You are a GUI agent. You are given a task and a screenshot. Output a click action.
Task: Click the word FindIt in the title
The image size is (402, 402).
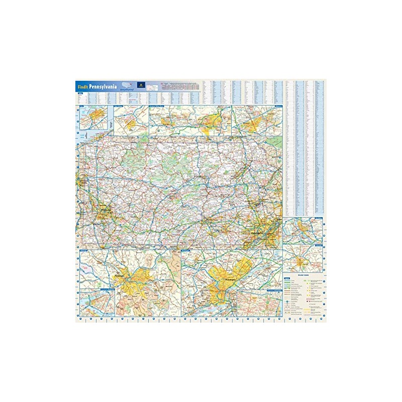(83, 86)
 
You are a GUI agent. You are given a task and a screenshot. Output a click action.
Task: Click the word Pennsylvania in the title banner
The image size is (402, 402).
(104, 86)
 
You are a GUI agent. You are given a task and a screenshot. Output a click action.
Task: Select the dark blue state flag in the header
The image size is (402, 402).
(143, 86)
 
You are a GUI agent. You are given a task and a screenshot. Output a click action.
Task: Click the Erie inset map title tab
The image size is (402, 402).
(80, 107)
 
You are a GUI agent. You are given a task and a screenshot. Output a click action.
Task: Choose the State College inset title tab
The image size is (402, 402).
(119, 107)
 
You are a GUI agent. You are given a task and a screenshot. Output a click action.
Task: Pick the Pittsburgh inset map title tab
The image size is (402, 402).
(83, 249)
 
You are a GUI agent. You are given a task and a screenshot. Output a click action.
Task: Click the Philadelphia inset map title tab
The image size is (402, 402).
(187, 249)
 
